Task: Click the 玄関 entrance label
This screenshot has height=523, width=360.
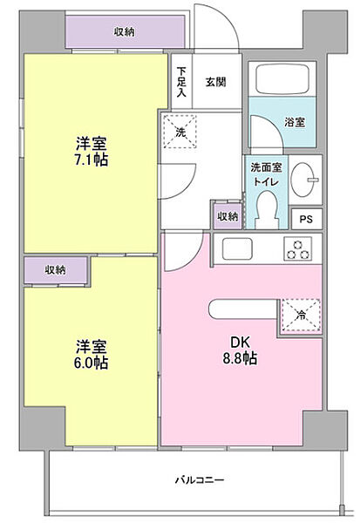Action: (216, 83)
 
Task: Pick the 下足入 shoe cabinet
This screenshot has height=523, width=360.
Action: (182, 83)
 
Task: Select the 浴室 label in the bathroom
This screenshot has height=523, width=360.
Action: (294, 123)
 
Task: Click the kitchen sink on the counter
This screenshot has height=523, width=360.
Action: (237, 248)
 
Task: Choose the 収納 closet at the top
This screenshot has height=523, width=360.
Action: (124, 32)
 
